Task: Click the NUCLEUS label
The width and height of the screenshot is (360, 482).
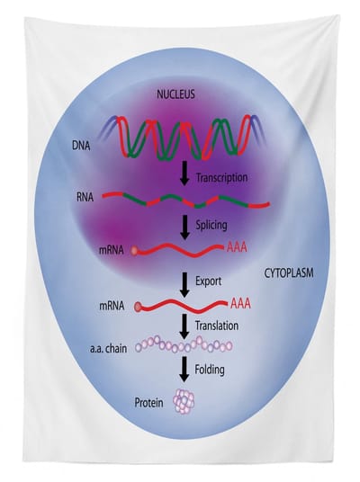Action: click(x=175, y=94)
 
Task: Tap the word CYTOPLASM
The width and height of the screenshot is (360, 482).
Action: click(x=289, y=273)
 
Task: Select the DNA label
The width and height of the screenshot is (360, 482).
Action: click(x=81, y=146)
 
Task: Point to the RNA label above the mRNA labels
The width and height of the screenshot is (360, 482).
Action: click(x=85, y=197)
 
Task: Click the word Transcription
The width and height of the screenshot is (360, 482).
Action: click(x=221, y=177)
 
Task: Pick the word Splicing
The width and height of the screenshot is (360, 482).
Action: click(x=211, y=225)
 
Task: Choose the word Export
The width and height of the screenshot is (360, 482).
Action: click(x=208, y=281)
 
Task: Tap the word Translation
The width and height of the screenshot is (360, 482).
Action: click(x=217, y=326)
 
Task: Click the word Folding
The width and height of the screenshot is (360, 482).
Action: click(x=210, y=370)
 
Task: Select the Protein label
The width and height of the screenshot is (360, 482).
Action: click(x=148, y=403)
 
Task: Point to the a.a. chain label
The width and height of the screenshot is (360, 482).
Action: click(x=109, y=349)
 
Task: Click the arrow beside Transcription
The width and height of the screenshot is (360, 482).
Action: click(x=184, y=174)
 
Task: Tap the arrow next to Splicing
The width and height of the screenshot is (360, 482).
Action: click(x=184, y=228)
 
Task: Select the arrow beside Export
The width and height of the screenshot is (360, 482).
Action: click(x=184, y=285)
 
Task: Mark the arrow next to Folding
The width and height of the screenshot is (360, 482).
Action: click(x=184, y=370)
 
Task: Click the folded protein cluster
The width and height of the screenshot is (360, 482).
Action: click(x=184, y=401)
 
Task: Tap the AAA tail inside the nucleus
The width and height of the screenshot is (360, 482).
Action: click(x=237, y=247)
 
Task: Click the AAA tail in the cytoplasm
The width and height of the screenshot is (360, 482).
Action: click(x=240, y=304)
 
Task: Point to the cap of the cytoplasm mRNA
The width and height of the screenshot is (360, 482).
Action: click(x=139, y=307)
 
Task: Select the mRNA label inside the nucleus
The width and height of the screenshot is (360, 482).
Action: click(x=111, y=250)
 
